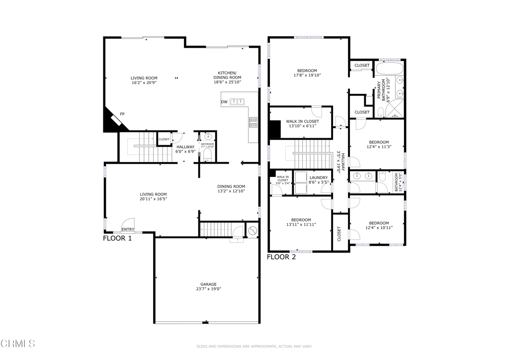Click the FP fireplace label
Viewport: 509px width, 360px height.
(122, 114)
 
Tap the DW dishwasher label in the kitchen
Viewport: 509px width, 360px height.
(224, 102)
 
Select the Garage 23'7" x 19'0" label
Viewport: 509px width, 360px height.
(208, 286)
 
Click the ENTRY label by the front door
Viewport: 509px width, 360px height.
(128, 229)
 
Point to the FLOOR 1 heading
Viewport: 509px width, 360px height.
(117, 238)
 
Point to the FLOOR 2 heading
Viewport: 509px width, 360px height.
(281, 257)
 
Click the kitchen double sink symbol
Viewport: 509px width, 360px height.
(237, 102)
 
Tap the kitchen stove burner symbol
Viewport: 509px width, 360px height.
(253, 119)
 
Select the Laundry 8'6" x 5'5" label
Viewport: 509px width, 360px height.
(318, 180)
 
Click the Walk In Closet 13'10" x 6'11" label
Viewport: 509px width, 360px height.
(302, 124)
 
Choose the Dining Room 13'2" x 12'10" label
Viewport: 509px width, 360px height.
(231, 188)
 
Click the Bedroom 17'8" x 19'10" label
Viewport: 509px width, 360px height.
(307, 73)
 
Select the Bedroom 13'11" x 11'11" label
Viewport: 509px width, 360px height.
(301, 222)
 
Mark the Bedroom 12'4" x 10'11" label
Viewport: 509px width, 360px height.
(379, 225)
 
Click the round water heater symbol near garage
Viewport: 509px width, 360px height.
(252, 231)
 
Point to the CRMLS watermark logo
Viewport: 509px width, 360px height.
(18, 343)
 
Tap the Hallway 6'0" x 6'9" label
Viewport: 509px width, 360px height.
(185, 149)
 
